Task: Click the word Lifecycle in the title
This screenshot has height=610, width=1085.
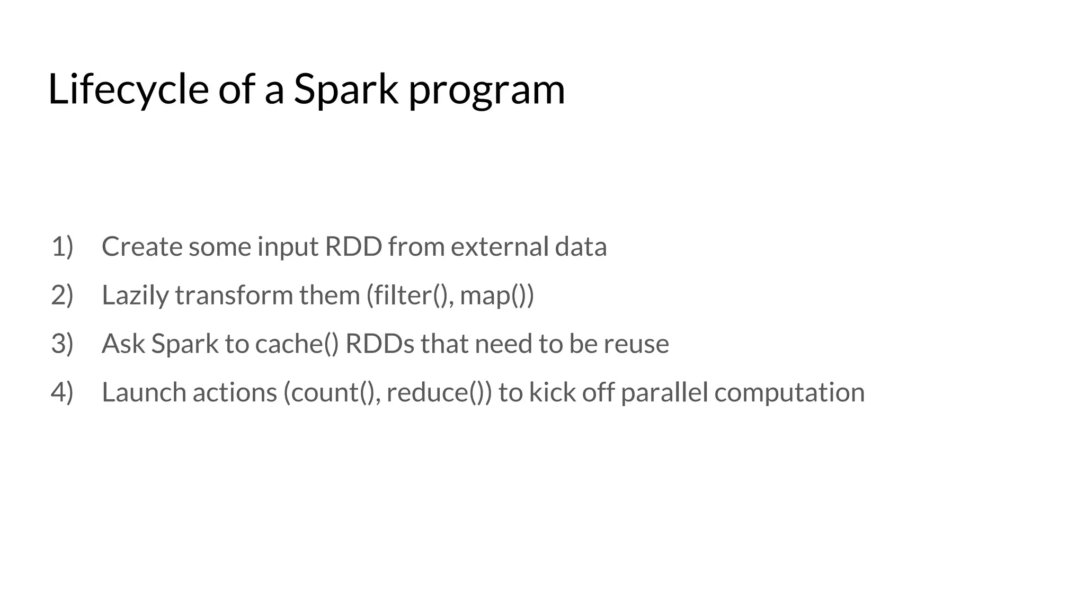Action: pyautogui.click(x=128, y=89)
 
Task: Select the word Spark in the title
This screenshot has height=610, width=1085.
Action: pyautogui.click(x=345, y=89)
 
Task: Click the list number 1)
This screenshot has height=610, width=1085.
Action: pyautogui.click(x=62, y=247)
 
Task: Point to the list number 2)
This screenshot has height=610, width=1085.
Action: pyautogui.click(x=62, y=295)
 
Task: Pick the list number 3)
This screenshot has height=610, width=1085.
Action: pyautogui.click(x=62, y=344)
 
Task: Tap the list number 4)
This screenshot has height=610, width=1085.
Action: pyautogui.click(x=62, y=392)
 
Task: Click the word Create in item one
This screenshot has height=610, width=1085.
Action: pyautogui.click(x=141, y=247)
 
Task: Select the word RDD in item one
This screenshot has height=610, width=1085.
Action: pyautogui.click(x=353, y=247)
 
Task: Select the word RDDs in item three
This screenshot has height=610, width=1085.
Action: pyautogui.click(x=379, y=344)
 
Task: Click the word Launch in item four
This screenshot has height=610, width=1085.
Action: pyautogui.click(x=144, y=392)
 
